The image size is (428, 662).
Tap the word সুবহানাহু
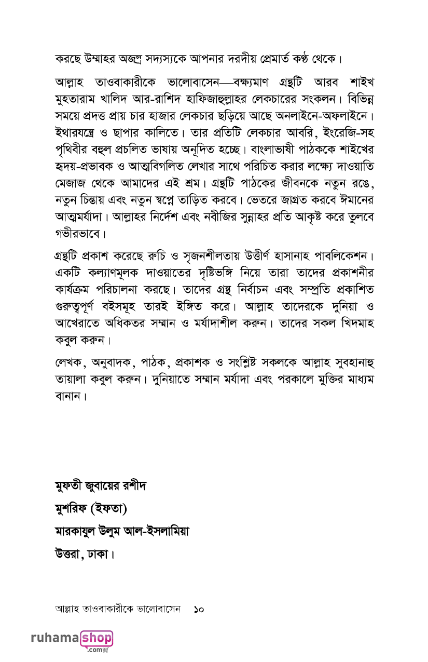[346, 362]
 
